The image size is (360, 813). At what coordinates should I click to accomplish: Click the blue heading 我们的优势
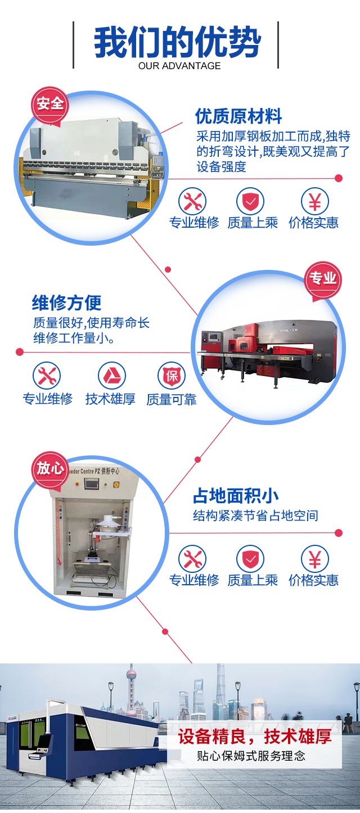click(177, 42)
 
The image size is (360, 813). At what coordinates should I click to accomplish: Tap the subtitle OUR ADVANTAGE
click(179, 66)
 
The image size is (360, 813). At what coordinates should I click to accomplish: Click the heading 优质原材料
click(238, 116)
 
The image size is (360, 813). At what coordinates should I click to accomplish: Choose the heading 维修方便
click(66, 302)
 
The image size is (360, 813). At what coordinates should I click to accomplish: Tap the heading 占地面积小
click(236, 496)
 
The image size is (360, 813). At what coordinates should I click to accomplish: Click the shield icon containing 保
click(172, 376)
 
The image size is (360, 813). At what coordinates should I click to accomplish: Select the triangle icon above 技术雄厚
click(112, 376)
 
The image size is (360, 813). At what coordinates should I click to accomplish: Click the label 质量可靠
click(172, 400)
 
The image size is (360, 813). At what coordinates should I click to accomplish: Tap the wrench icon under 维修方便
click(47, 376)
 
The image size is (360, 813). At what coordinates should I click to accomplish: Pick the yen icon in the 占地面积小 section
click(315, 559)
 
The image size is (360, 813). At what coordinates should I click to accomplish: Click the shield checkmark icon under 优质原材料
click(250, 201)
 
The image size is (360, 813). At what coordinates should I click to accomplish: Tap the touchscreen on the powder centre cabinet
click(91, 483)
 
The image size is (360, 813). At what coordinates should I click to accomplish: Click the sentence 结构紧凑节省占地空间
click(255, 516)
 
